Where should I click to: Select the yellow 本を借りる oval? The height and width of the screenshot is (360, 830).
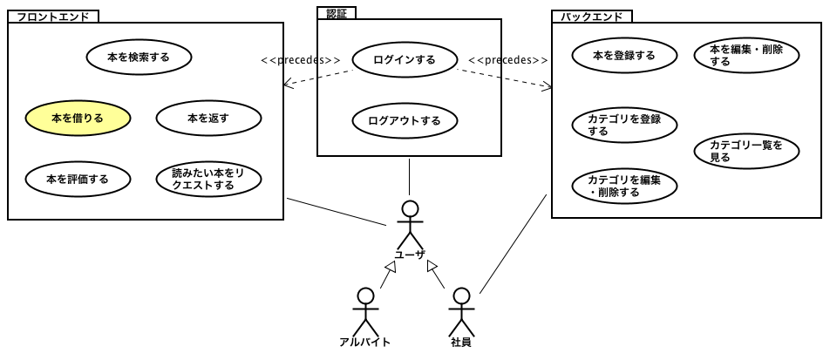(x=77, y=118)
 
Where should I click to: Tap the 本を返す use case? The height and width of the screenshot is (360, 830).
(x=207, y=118)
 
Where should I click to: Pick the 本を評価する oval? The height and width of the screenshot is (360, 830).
(x=77, y=179)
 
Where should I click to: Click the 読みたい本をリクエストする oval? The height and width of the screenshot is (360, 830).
(x=207, y=179)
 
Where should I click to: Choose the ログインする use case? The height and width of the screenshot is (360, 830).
(x=405, y=60)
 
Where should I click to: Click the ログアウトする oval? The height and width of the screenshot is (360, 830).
(x=405, y=120)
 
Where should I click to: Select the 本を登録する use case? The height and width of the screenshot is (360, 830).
(x=623, y=56)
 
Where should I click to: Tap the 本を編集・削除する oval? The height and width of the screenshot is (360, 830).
(x=746, y=56)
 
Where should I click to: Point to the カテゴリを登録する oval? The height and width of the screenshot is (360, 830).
(x=623, y=125)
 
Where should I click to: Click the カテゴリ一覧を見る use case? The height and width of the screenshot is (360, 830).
(x=746, y=150)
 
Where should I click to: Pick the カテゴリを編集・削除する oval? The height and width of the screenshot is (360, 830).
(x=623, y=186)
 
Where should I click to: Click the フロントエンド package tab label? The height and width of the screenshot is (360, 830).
(x=53, y=16)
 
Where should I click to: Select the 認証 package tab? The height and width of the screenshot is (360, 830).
(x=337, y=13)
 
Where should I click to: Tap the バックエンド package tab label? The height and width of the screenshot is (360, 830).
(x=592, y=16)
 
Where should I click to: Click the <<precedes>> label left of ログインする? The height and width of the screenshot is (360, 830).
(x=301, y=60)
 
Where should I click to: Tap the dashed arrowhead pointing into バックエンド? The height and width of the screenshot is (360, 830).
(x=548, y=86)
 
